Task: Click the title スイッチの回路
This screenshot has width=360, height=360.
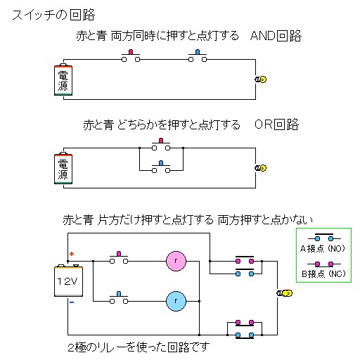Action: coord(53,15)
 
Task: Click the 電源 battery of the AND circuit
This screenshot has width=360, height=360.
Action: coord(63,80)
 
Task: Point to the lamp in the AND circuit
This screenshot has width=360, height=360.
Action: coord(260,79)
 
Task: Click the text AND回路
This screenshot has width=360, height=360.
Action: coord(276,37)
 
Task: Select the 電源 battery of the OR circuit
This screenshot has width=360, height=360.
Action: coord(63,168)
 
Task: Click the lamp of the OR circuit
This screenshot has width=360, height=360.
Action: coord(260,167)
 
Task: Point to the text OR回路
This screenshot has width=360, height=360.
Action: coord(276,125)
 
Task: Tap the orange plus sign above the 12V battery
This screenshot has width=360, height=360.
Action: coord(71,254)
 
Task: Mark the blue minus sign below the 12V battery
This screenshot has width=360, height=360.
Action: coord(71,303)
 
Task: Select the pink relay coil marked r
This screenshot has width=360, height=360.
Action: coord(175,260)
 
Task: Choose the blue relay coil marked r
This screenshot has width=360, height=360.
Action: coord(175,301)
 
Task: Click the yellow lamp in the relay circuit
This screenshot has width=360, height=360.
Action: coord(285,292)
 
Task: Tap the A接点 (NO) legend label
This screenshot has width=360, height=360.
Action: coord(324,249)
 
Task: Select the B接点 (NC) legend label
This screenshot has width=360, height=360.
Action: coord(324,272)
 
